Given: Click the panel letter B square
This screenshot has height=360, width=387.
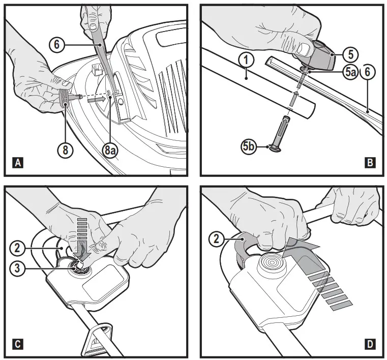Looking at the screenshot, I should coord(370,163).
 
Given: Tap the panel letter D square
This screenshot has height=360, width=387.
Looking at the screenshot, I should coord(370,344).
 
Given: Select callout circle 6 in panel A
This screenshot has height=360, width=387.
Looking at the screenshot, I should coord(57,45).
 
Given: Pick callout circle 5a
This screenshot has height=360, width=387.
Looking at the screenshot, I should coord(349,72).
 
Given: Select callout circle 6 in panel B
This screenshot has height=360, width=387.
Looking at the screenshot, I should coord(369,72).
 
